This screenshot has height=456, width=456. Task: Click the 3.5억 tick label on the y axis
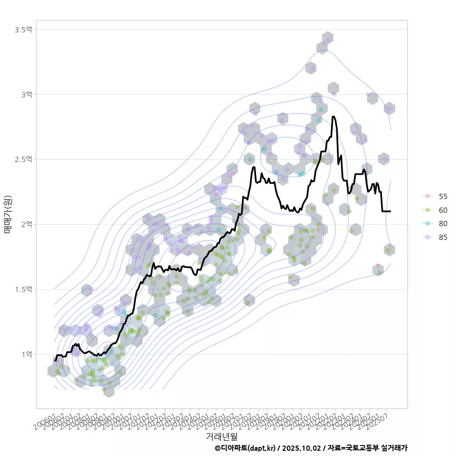pos(23,29)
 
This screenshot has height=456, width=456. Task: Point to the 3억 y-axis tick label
pos(26,95)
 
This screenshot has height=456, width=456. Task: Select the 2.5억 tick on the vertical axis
pos(23,159)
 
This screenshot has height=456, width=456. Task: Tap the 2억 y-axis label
pos(26,224)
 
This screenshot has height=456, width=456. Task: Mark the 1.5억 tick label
pos(23,289)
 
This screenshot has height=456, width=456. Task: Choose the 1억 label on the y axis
pos(26,354)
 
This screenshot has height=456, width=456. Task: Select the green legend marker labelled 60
pos(427,210)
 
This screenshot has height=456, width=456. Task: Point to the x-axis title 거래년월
pos(221,436)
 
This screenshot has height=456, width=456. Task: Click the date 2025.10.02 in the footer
pos(302,448)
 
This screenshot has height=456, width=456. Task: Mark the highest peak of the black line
pos(333,116)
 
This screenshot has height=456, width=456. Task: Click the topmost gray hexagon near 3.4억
pos(327,38)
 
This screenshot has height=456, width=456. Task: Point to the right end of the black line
pos(390,211)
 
